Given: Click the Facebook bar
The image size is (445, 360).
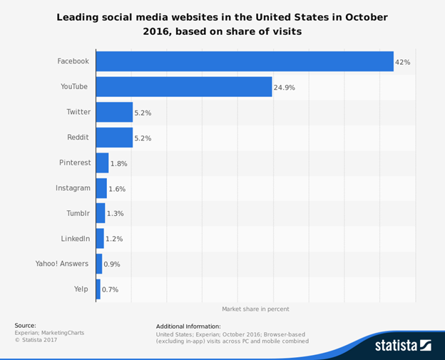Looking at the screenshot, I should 245,61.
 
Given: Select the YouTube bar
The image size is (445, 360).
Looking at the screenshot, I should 184,87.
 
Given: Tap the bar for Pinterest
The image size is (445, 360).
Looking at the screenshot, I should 102,163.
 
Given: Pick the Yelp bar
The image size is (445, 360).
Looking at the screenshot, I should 98,289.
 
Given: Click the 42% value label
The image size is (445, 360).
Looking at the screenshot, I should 403,62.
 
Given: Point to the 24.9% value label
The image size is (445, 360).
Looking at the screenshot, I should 284,88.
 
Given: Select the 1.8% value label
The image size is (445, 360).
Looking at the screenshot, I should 119,163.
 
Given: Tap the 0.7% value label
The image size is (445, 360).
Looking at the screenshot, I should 110,289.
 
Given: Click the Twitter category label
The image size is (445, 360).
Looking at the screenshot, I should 78,112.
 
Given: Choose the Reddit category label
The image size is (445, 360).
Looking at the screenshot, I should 78,138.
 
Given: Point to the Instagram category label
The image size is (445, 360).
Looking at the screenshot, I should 73,187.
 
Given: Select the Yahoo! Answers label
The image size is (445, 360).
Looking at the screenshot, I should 62,264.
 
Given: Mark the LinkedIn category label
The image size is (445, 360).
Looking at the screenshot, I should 76,238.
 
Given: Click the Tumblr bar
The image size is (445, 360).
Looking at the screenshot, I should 100,213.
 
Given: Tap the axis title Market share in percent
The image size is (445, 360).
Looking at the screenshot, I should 255,309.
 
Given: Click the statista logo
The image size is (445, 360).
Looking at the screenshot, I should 403,345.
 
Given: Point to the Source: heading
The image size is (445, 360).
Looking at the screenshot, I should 25,325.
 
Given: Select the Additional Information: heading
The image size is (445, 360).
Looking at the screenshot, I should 188,326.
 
